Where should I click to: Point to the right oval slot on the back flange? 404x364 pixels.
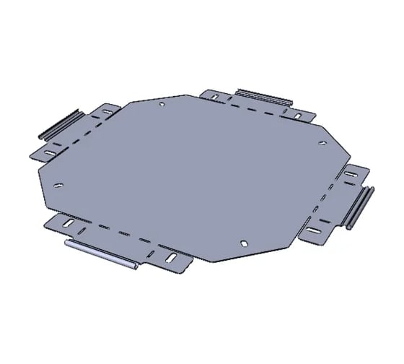click(x=297, y=115)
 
